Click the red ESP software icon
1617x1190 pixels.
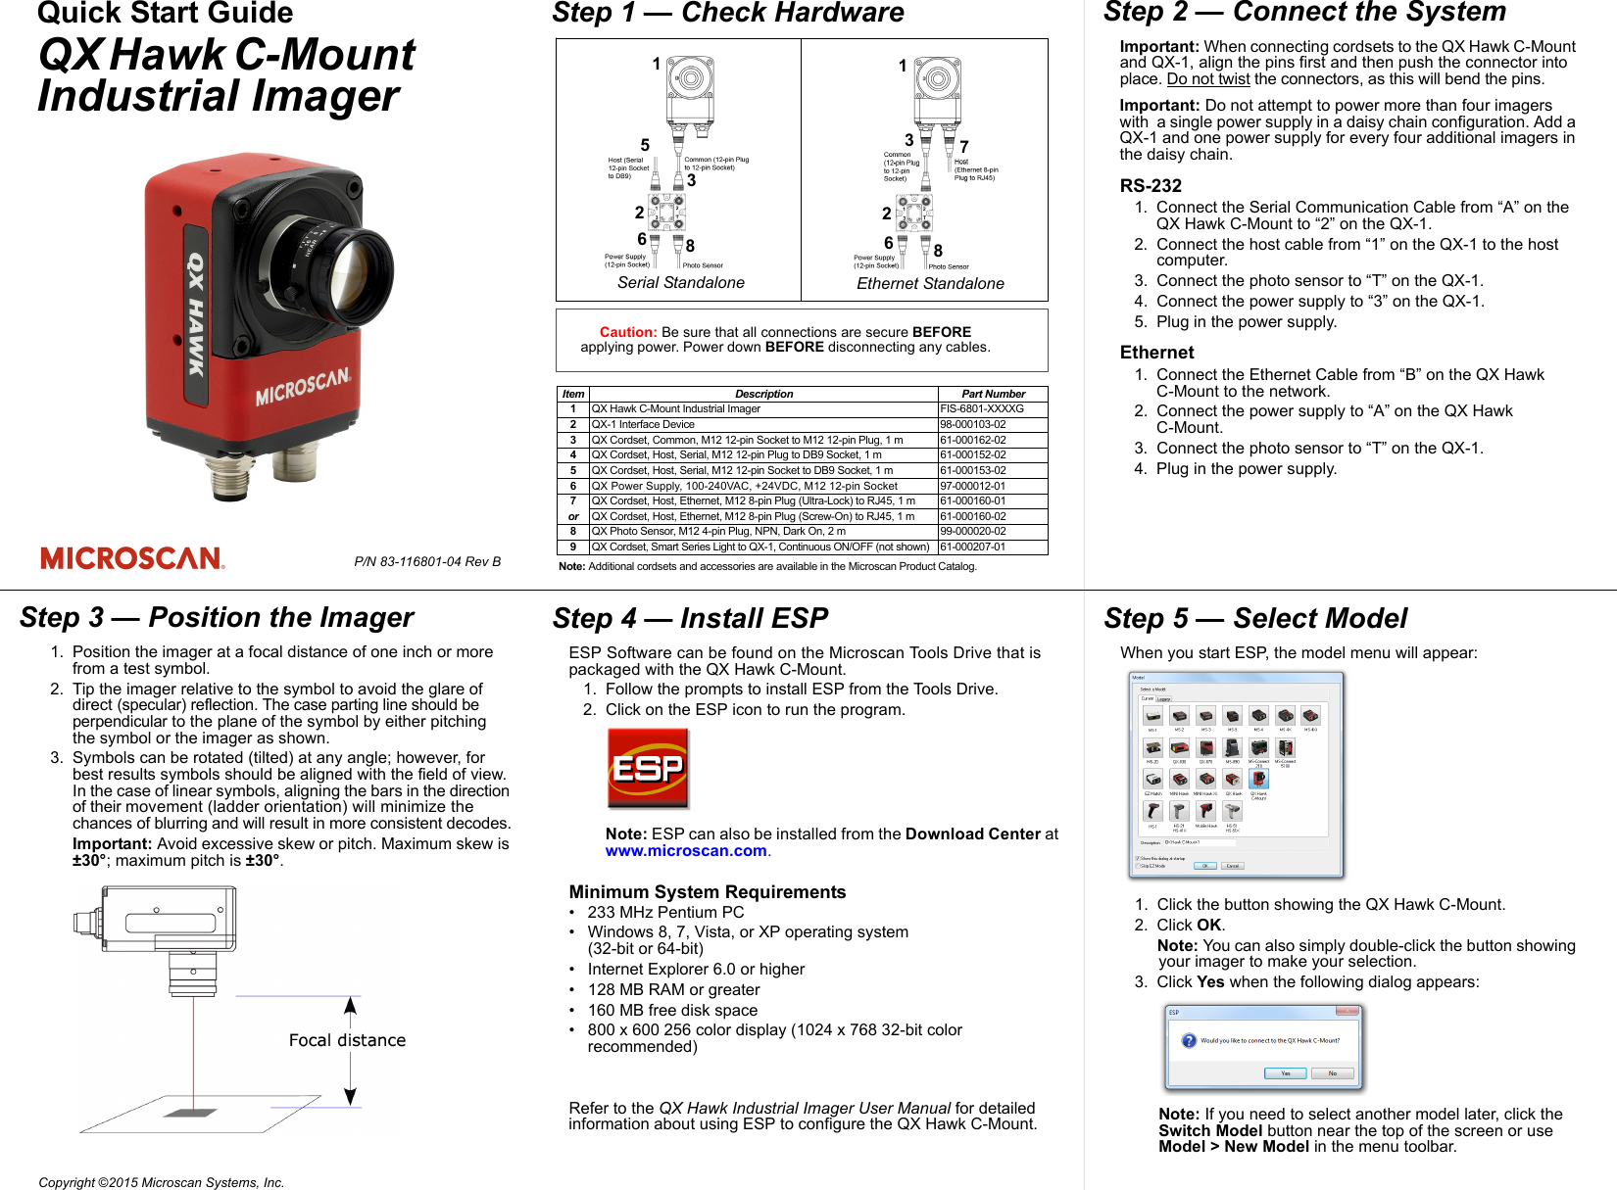[647, 768]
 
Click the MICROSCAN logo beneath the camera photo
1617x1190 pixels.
[132, 558]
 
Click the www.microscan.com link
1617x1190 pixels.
[686, 851]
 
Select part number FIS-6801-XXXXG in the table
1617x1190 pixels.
[982, 409]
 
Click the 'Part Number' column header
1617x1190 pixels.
[993, 394]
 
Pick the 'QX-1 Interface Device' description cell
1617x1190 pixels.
[643, 425]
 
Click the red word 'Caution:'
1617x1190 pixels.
[628, 332]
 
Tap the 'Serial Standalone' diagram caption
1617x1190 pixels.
[681, 283]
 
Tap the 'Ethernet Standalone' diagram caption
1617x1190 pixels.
[930, 284]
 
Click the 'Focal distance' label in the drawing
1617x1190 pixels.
[347, 1040]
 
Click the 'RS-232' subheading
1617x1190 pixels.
[1151, 186]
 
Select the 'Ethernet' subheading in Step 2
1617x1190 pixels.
[1156, 353]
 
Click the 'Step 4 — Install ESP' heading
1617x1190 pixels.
[690, 619]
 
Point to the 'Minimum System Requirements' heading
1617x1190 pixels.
[707, 892]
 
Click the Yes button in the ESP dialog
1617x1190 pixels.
[1285, 1073]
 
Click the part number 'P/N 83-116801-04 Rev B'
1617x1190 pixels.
[427, 562]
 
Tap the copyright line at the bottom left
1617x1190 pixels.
[162, 1182]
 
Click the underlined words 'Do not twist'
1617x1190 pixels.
[1208, 79]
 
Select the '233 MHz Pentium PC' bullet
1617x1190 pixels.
[665, 913]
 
